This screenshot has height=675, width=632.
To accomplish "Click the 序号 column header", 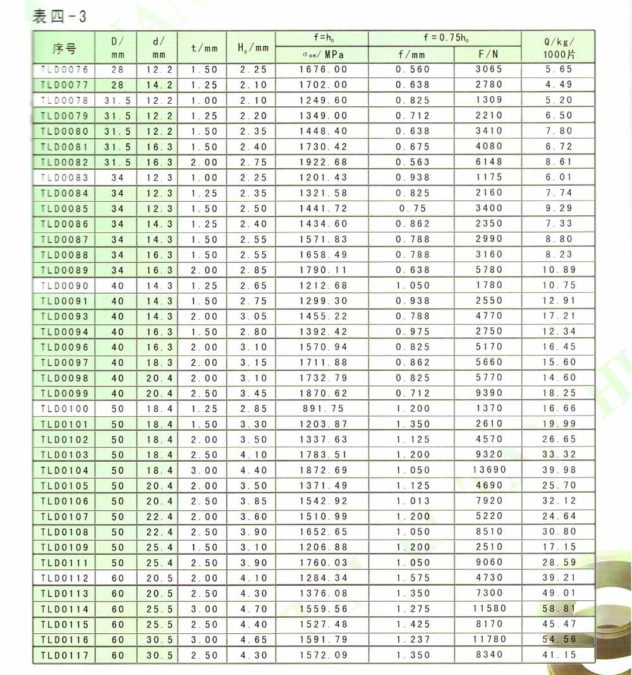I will coord(64,48).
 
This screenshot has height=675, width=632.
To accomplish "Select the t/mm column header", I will coord(204,48).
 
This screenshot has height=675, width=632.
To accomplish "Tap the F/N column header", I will coord(489,54).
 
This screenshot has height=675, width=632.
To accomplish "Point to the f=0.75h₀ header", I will coord(445,38).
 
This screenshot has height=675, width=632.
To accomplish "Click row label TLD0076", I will coord(64,70).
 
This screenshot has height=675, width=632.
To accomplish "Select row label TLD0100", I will coord(64,409).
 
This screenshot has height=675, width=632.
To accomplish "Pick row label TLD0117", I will coord(64,655).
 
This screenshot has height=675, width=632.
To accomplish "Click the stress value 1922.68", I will coord(323,162).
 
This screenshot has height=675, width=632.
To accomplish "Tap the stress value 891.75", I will coord(323,409).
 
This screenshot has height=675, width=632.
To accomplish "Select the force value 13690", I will coord(489,470).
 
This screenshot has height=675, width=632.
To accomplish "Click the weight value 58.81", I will coord(559,609).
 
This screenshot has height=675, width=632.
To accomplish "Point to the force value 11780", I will coord(489,640).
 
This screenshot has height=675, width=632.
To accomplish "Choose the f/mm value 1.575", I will coord(413,578).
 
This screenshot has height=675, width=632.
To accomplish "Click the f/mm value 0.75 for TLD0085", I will coord(413,208).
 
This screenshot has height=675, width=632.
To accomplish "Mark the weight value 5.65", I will coord(559,70).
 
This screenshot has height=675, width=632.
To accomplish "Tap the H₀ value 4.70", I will coord(253,609).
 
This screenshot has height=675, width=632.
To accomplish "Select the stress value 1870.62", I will coord(323,393).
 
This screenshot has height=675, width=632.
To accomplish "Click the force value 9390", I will coord(489,393).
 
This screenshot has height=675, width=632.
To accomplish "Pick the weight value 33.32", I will coord(559,455).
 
